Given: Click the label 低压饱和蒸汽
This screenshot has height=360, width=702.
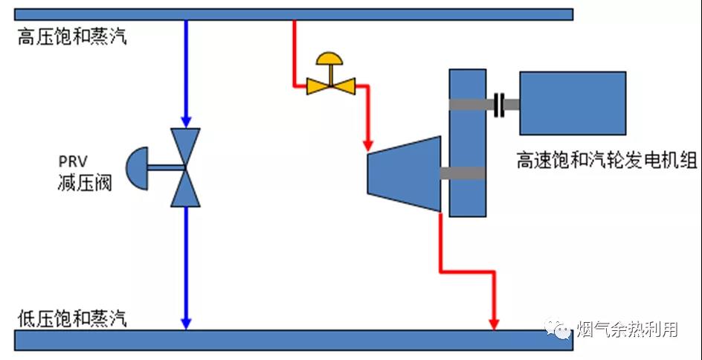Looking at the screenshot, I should point(72,319).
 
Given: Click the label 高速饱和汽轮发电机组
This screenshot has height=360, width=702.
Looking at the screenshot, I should point(606,160).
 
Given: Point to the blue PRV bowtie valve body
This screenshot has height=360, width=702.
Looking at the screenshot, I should point(185,167).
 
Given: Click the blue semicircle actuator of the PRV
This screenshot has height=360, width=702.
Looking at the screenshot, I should point(137,167).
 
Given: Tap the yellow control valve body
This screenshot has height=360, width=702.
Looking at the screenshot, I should point(331,86).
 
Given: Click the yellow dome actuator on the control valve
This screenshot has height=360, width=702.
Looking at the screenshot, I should point(331,60).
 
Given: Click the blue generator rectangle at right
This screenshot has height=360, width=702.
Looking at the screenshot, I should point(572,103).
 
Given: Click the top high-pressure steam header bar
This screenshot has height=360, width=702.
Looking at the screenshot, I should point(293,14).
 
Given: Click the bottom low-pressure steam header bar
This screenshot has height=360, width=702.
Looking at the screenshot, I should point(293,340).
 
